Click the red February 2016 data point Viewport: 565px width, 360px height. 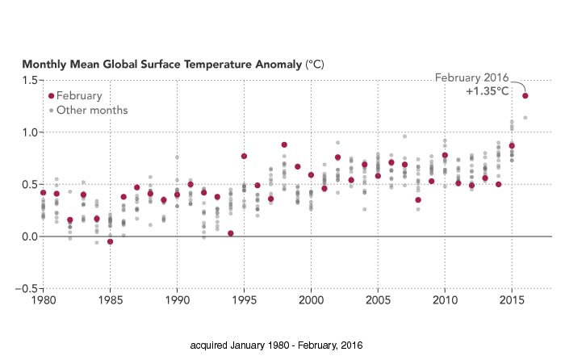[x=525, y=96]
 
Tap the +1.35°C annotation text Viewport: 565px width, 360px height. [x=487, y=92]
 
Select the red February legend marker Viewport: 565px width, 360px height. [x=52, y=95]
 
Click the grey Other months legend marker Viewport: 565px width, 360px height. [x=52, y=110]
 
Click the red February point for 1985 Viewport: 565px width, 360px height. [x=110, y=241]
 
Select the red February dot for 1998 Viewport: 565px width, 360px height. [x=284, y=145]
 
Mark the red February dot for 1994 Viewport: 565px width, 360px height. [x=231, y=233]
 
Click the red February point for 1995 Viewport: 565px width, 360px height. [x=244, y=156]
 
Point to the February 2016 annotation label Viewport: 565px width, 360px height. [x=471, y=77]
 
